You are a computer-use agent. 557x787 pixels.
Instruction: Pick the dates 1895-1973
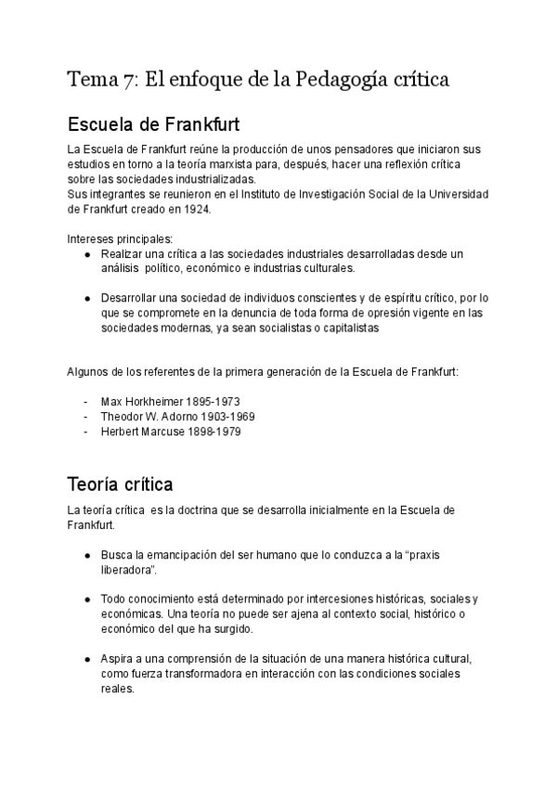point(213,402)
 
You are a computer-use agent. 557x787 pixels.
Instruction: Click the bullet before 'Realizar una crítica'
point(86,253)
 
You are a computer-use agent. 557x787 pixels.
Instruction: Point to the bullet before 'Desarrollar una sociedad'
point(86,298)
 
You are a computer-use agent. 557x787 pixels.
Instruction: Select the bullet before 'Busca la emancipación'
point(86,554)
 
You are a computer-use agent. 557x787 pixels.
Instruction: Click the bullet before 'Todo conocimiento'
point(86,599)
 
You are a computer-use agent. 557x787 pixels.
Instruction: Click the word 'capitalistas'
point(345,328)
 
